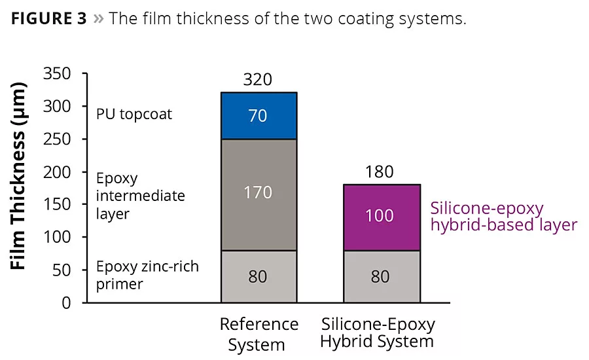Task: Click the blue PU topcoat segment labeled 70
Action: pos(258,116)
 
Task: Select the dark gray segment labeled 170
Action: pos(258,194)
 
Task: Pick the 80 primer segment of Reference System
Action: pos(258,276)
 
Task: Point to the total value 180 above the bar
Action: pos(380,172)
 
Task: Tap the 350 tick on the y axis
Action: pos(56,74)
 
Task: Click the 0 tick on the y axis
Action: pos(66,302)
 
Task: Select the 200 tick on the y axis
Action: pos(56,172)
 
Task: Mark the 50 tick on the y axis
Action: pos(61,270)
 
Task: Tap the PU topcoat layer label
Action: pos(134,114)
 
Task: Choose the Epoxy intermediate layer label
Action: pos(140,196)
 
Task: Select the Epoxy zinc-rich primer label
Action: pos(147,276)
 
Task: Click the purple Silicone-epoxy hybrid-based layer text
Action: pos(504,217)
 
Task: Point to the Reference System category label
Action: pos(259,334)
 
